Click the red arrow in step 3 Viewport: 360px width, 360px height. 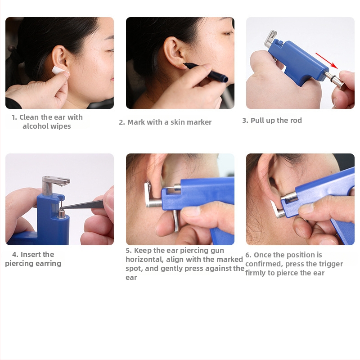[327, 61]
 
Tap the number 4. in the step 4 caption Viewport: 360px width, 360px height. [15, 254]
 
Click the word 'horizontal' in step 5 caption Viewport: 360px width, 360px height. [144, 260]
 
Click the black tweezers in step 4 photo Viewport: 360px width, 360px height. [83, 204]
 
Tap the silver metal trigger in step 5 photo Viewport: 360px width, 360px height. [176, 221]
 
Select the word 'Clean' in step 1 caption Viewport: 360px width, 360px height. [29, 117]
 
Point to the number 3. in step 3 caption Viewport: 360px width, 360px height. [245, 120]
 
